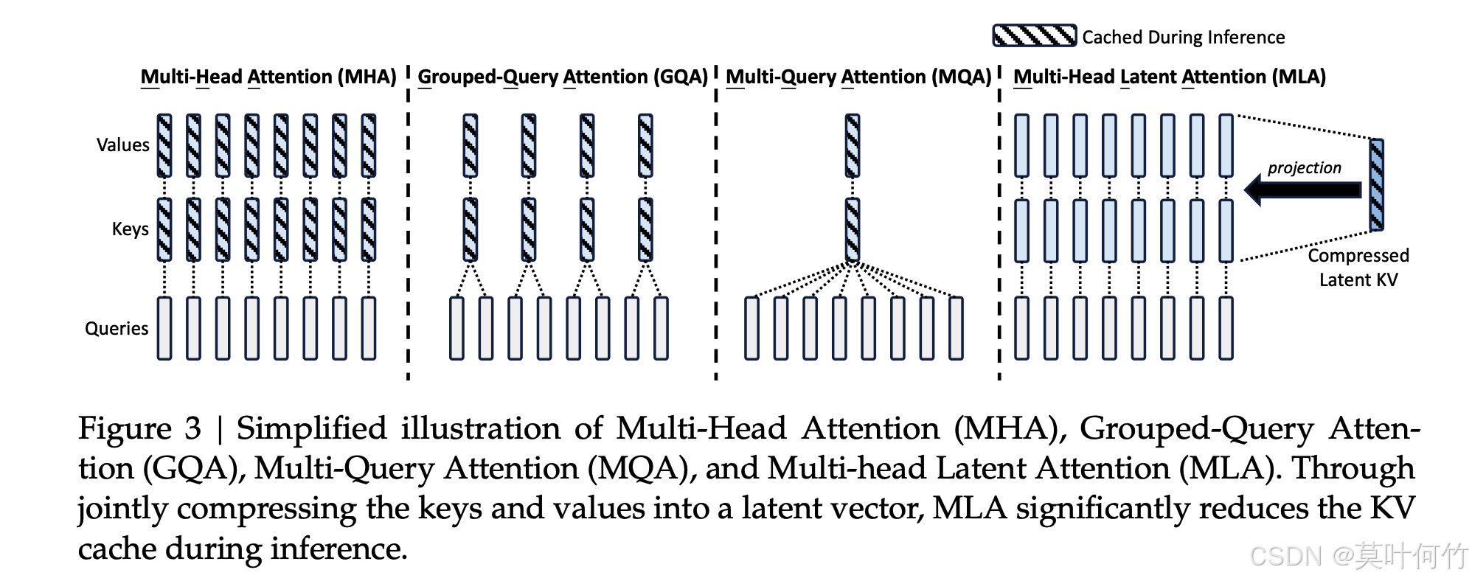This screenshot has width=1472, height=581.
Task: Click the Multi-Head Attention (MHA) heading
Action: coord(268,77)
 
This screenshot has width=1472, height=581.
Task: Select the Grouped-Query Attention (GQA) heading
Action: coord(562,77)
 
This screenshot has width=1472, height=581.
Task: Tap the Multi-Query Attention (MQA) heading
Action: coord(858,77)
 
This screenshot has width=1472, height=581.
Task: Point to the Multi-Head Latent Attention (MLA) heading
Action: coord(1169,77)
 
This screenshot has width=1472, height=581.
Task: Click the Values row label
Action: coord(122,145)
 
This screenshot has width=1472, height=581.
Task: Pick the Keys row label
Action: coord(130,229)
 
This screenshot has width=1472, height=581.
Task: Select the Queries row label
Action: coord(117,328)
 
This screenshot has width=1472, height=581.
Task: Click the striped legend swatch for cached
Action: coord(1034,36)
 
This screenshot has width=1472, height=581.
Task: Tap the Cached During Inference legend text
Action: coord(1183,37)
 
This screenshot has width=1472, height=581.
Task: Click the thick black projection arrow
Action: coord(1302,190)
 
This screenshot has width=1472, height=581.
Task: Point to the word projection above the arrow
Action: coord(1304,168)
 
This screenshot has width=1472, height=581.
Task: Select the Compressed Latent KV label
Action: coord(1358,268)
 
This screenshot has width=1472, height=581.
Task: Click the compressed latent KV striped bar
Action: coord(1376,185)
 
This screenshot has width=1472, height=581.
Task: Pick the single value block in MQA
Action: coord(853,145)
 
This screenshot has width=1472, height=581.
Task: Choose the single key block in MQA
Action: coord(853,229)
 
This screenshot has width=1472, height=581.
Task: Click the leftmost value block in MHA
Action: coord(164,145)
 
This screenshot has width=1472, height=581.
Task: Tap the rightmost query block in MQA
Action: coord(956,328)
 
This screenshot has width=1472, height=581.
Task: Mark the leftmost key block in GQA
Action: coord(470,229)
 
